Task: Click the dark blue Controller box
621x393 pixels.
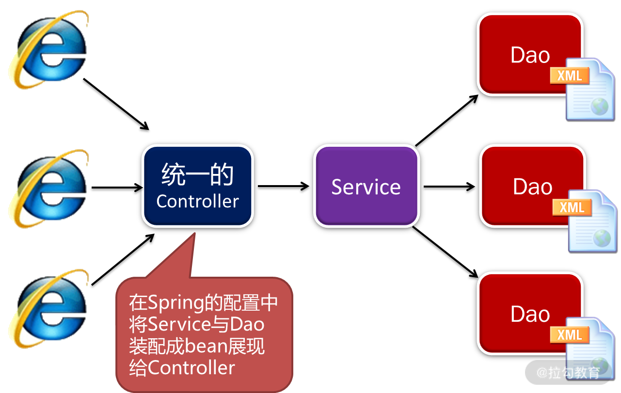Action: coord(197,186)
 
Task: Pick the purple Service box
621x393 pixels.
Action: coord(366,186)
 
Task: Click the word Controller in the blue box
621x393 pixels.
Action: coord(198,201)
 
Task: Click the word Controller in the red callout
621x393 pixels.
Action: coord(191,368)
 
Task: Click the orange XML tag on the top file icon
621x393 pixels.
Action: coord(570,76)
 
